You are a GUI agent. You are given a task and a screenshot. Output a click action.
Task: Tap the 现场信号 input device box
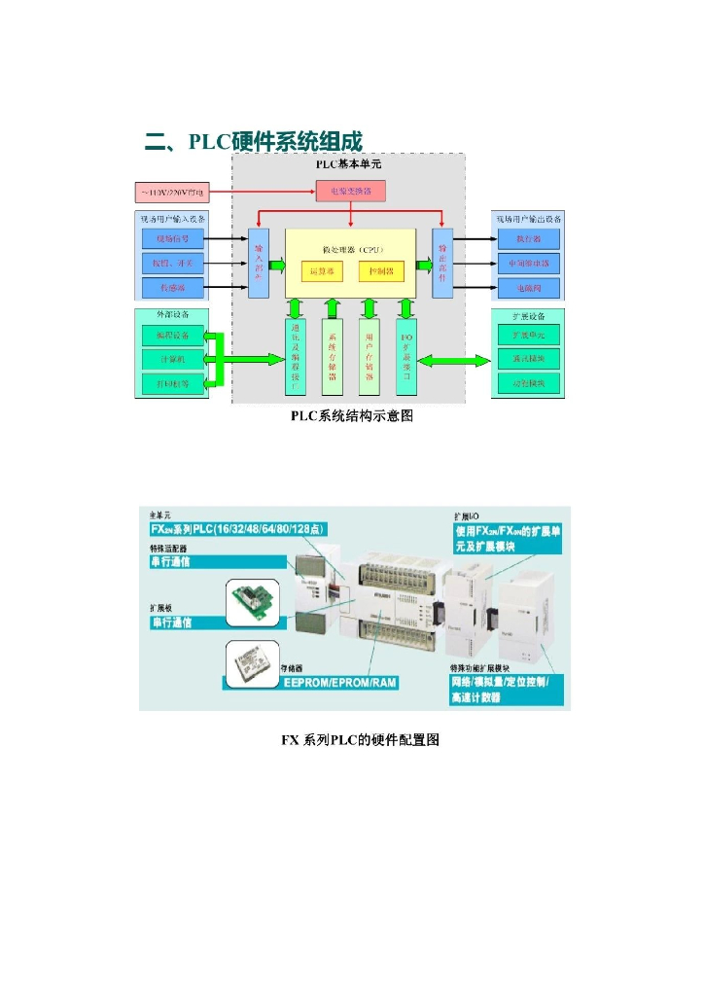click(174, 238)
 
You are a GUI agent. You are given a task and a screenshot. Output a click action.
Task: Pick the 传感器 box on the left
click(174, 287)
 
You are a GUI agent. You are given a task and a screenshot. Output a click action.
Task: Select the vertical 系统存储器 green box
click(333, 357)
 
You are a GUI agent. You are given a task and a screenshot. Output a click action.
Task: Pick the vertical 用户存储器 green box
click(369, 357)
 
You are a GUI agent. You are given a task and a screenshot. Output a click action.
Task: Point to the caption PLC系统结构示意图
click(352, 416)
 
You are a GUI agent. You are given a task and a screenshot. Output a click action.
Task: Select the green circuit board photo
click(255, 603)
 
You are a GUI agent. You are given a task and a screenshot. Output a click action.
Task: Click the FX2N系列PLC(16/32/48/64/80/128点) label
click(237, 529)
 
